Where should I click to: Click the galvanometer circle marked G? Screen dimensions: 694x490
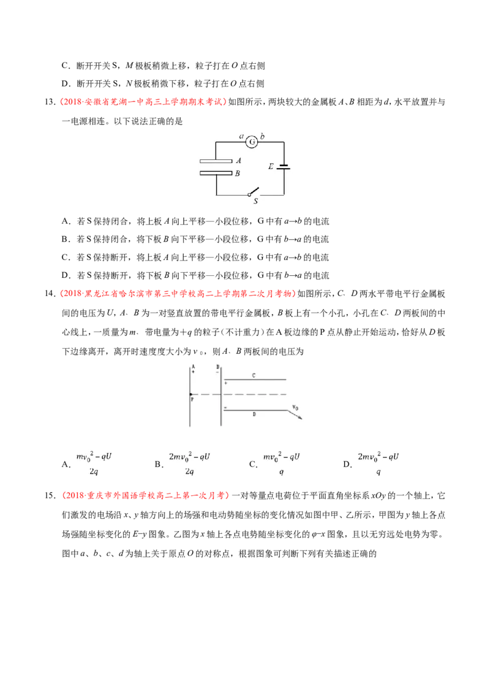click(251, 142)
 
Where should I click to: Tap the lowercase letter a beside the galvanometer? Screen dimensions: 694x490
click(241, 137)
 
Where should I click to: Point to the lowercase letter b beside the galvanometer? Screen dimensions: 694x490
click(262, 137)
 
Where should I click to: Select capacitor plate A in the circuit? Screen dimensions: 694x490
click(216, 161)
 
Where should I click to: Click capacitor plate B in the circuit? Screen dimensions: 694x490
click(216, 173)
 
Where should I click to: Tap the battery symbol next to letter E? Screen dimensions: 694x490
click(283, 167)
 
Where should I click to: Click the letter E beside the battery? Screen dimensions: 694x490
click(271, 166)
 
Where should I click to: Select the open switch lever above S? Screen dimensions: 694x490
click(254, 191)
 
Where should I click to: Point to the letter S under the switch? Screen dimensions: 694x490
click(255, 200)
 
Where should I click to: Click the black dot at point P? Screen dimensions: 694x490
click(191, 394)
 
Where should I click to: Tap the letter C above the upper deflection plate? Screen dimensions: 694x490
click(254, 374)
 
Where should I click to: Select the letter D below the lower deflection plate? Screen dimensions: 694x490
click(254, 415)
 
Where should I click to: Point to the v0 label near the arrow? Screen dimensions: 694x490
click(295, 406)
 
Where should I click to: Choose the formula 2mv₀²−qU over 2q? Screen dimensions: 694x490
click(189, 463)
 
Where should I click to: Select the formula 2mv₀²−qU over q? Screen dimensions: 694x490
click(379, 463)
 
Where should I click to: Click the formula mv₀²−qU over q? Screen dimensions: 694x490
click(282, 463)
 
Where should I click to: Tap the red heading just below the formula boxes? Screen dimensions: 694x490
click(145, 495)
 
